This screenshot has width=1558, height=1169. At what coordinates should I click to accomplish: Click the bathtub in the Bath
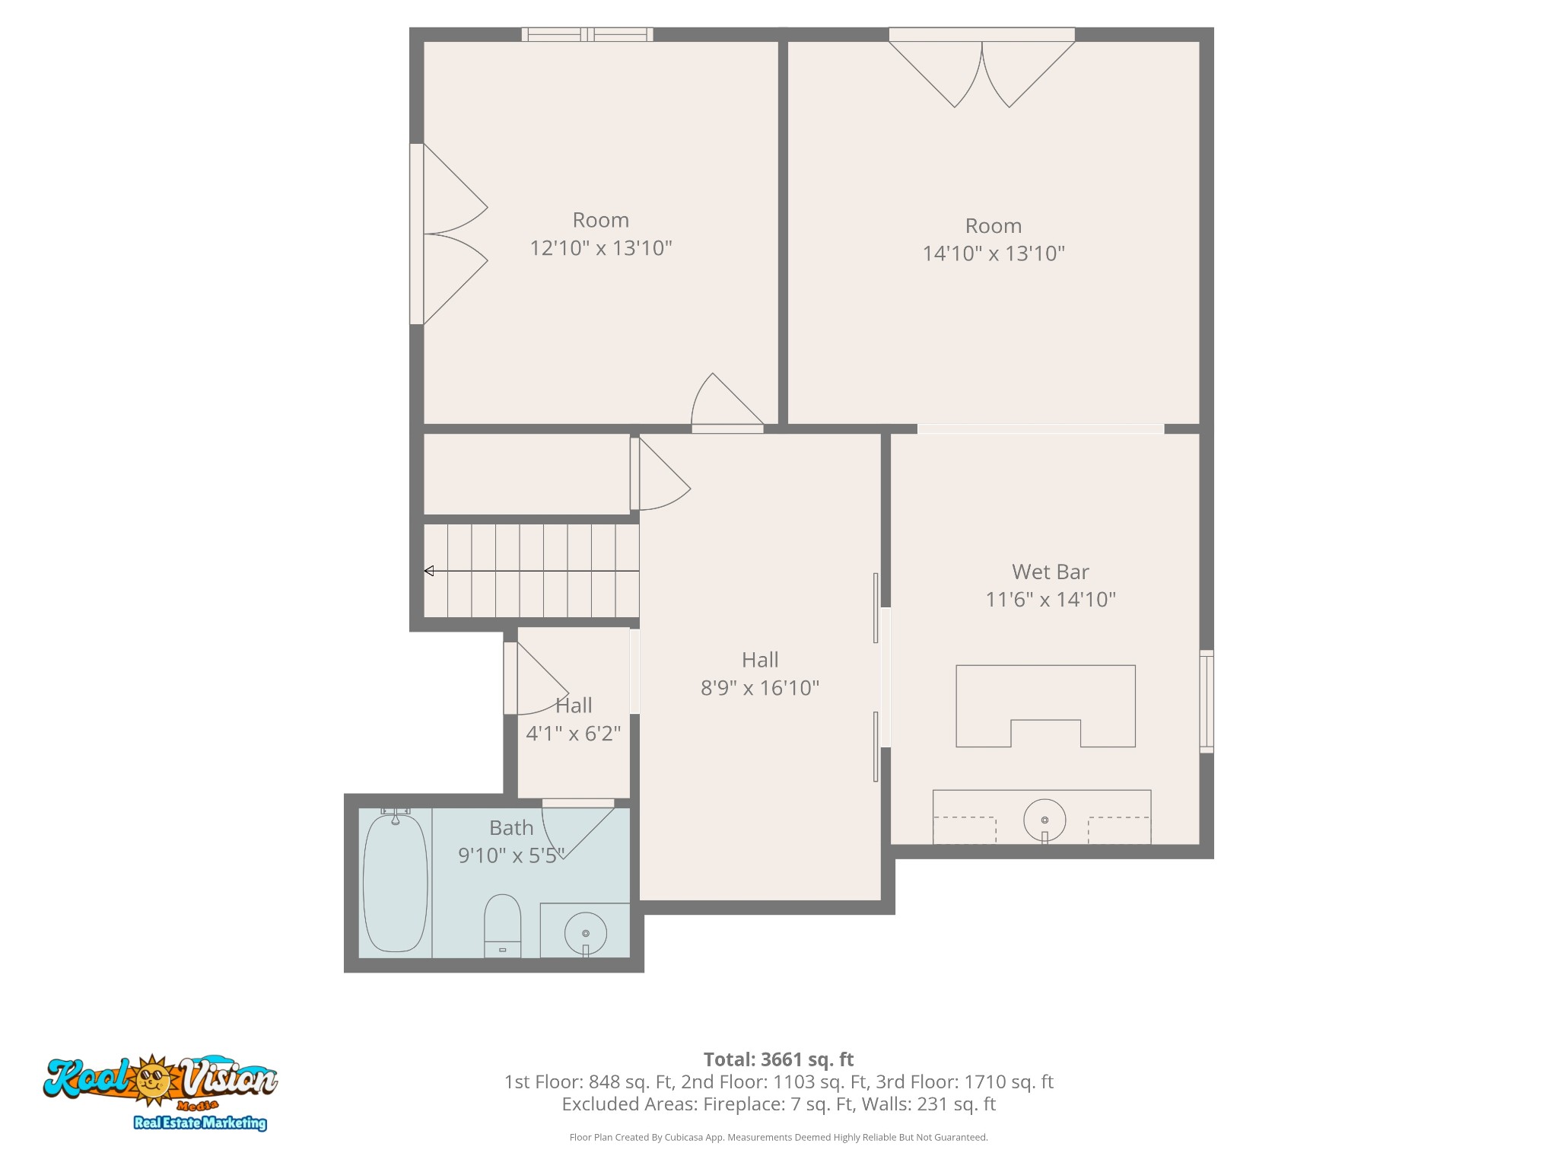(x=395, y=883)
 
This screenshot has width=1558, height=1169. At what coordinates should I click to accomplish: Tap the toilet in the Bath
(x=502, y=925)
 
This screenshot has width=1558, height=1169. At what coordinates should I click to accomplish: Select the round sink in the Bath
(x=585, y=932)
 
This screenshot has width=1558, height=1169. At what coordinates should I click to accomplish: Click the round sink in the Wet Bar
(x=1044, y=820)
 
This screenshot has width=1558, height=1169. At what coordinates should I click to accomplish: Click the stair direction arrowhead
(x=429, y=571)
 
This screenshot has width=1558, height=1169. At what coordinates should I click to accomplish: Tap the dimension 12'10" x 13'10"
(x=601, y=248)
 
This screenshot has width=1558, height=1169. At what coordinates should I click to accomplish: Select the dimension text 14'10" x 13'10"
(x=994, y=253)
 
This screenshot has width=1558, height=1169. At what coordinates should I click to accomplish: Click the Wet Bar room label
(x=1050, y=572)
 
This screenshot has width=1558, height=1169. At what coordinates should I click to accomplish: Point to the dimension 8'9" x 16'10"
(x=759, y=688)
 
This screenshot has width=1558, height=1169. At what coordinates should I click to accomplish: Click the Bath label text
(x=511, y=827)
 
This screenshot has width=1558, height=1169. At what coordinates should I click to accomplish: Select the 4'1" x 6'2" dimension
(x=574, y=734)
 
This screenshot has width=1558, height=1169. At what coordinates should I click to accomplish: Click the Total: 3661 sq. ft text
(x=778, y=1059)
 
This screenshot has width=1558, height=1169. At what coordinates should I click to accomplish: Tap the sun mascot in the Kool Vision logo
(x=154, y=1079)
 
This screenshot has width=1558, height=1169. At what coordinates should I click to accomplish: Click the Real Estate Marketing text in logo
(x=200, y=1123)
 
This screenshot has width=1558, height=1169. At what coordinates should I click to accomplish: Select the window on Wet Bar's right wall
(x=1206, y=701)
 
